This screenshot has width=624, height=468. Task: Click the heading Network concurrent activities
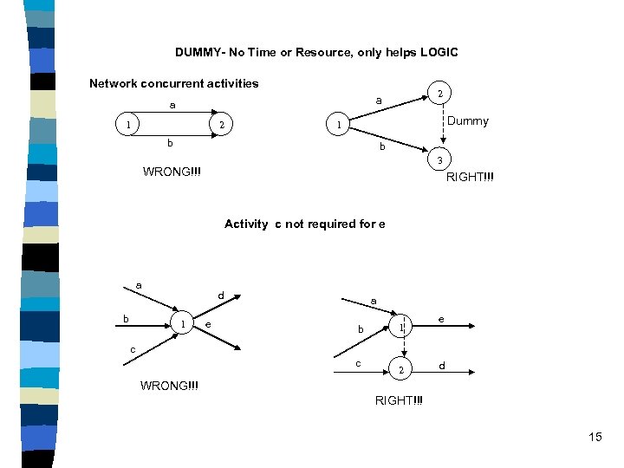(174, 84)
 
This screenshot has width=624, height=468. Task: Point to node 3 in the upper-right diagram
(440, 160)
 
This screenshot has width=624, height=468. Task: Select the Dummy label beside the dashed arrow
(468, 121)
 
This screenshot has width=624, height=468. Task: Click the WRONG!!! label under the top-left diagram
(172, 171)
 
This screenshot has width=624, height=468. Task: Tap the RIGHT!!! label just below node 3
(471, 179)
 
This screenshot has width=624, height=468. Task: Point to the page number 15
(595, 436)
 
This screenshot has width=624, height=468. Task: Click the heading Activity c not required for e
(304, 224)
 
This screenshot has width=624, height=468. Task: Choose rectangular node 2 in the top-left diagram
(222, 126)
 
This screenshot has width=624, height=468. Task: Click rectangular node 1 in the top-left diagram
(128, 126)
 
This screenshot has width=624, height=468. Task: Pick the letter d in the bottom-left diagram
(221, 296)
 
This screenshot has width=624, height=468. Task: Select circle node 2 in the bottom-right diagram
(400, 370)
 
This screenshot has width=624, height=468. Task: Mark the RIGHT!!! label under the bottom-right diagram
(400, 400)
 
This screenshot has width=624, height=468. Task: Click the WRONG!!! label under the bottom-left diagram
(169, 385)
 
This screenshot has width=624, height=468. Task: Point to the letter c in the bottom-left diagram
(133, 349)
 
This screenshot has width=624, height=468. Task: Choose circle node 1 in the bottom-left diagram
(182, 324)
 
